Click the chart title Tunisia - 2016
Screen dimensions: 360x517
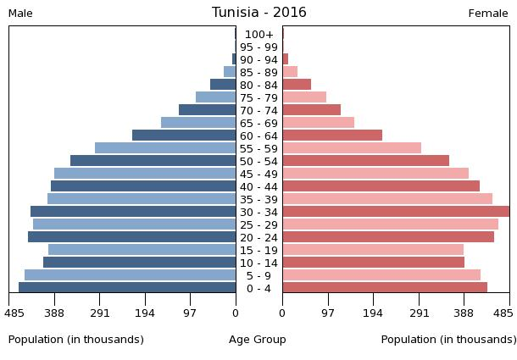click(x=258, y=13)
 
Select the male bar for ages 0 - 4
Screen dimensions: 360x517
click(x=127, y=288)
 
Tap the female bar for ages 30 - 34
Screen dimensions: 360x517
click(x=396, y=212)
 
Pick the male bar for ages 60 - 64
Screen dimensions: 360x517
click(x=184, y=136)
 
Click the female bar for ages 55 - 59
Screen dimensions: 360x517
click(x=352, y=148)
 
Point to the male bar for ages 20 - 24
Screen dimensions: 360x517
click(x=131, y=237)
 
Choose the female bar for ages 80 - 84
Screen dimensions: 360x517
click(x=297, y=85)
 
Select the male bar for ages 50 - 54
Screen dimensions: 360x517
click(x=153, y=161)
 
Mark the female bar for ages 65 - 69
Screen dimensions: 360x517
click(x=318, y=123)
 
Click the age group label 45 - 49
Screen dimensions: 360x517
click(x=258, y=174)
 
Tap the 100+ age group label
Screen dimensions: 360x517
click(x=258, y=35)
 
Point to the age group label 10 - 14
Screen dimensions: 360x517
click(x=258, y=263)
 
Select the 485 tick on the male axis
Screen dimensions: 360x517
click(x=14, y=313)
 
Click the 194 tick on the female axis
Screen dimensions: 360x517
click(x=373, y=313)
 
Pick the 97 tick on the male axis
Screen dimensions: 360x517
click(x=190, y=313)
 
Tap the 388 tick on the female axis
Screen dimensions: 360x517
click(x=464, y=313)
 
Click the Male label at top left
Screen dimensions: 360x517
click(x=20, y=14)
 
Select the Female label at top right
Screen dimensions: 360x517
click(x=488, y=14)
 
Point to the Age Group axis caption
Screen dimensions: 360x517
click(x=258, y=340)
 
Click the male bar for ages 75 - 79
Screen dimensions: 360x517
click(x=215, y=97)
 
